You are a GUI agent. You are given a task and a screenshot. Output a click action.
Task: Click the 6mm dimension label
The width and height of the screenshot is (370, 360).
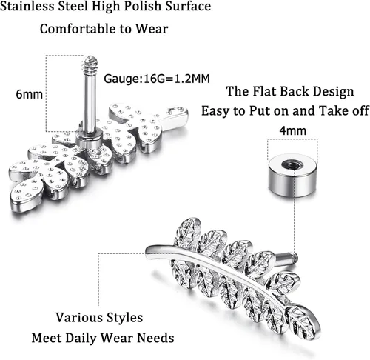point(29,94)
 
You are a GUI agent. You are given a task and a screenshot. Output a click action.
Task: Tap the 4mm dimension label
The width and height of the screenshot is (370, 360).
point(292,130)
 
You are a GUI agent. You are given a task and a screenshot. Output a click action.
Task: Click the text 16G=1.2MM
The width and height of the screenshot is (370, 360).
point(177,79)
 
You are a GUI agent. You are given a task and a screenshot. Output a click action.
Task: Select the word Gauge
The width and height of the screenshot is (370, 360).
point(121,79)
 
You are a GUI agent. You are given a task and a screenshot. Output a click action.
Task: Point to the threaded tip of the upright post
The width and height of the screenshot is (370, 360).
point(90,64)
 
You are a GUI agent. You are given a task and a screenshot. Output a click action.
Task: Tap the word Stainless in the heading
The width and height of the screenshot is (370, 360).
point(27,6)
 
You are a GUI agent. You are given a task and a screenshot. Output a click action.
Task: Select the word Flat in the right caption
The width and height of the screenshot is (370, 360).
point(264,91)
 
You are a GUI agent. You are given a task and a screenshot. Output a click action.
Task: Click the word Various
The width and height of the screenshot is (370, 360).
point(78,317)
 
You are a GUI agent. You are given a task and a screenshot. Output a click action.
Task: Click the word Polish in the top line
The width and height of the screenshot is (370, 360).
point(142,6)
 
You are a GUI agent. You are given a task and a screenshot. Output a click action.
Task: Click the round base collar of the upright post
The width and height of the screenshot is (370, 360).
point(89,139)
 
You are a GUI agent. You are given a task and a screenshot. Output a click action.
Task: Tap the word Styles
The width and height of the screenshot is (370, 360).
point(125,318)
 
